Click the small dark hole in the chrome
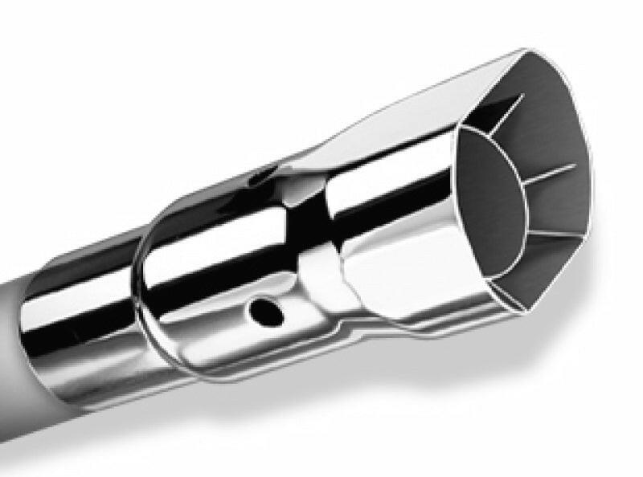pyautogui.click(x=263, y=309)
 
